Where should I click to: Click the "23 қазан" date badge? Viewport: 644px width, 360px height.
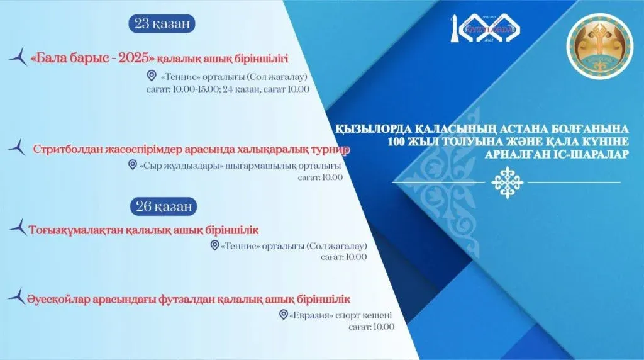click(162, 23)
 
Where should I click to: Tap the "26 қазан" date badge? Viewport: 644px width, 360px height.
click(164, 206)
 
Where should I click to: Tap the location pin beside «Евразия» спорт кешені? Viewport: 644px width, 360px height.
click(283, 315)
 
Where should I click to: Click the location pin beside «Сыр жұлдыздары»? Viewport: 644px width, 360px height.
click(132, 165)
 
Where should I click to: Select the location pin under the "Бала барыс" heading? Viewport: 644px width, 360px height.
click(152, 76)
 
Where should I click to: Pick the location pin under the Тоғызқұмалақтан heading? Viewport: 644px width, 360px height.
click(214, 245)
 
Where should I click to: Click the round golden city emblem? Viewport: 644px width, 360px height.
click(599, 46)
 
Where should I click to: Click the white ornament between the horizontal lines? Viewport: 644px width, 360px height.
click(508, 182)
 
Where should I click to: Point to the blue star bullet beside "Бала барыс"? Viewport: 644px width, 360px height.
click(18, 56)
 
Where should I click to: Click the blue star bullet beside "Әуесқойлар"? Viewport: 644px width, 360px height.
click(17, 296)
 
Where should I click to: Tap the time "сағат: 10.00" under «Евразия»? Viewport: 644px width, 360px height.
click(371, 327)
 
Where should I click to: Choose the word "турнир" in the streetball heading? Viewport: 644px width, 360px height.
click(333, 150)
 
